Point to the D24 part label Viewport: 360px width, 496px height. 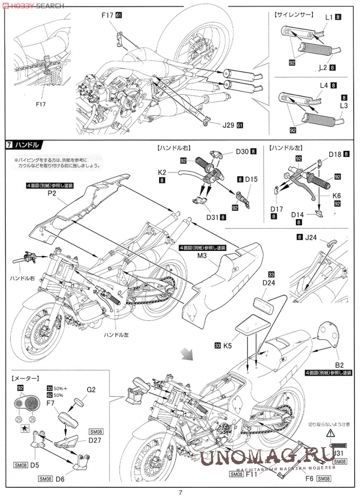pos(269,283)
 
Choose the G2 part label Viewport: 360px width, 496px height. pos(91,389)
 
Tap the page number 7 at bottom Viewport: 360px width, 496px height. pos(180,491)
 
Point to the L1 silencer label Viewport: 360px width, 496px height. pos(329,17)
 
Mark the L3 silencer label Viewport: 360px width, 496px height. pos(343,106)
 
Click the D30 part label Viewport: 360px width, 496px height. pos(242,152)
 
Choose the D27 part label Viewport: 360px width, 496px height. pos(94,441)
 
